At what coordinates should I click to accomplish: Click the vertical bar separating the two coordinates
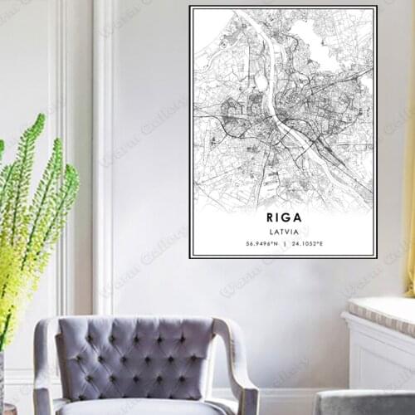(x=284, y=244)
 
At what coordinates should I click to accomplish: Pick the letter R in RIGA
(x=266, y=217)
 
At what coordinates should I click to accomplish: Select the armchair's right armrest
(x=236, y=365)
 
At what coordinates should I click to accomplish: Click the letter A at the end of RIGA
(x=298, y=217)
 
